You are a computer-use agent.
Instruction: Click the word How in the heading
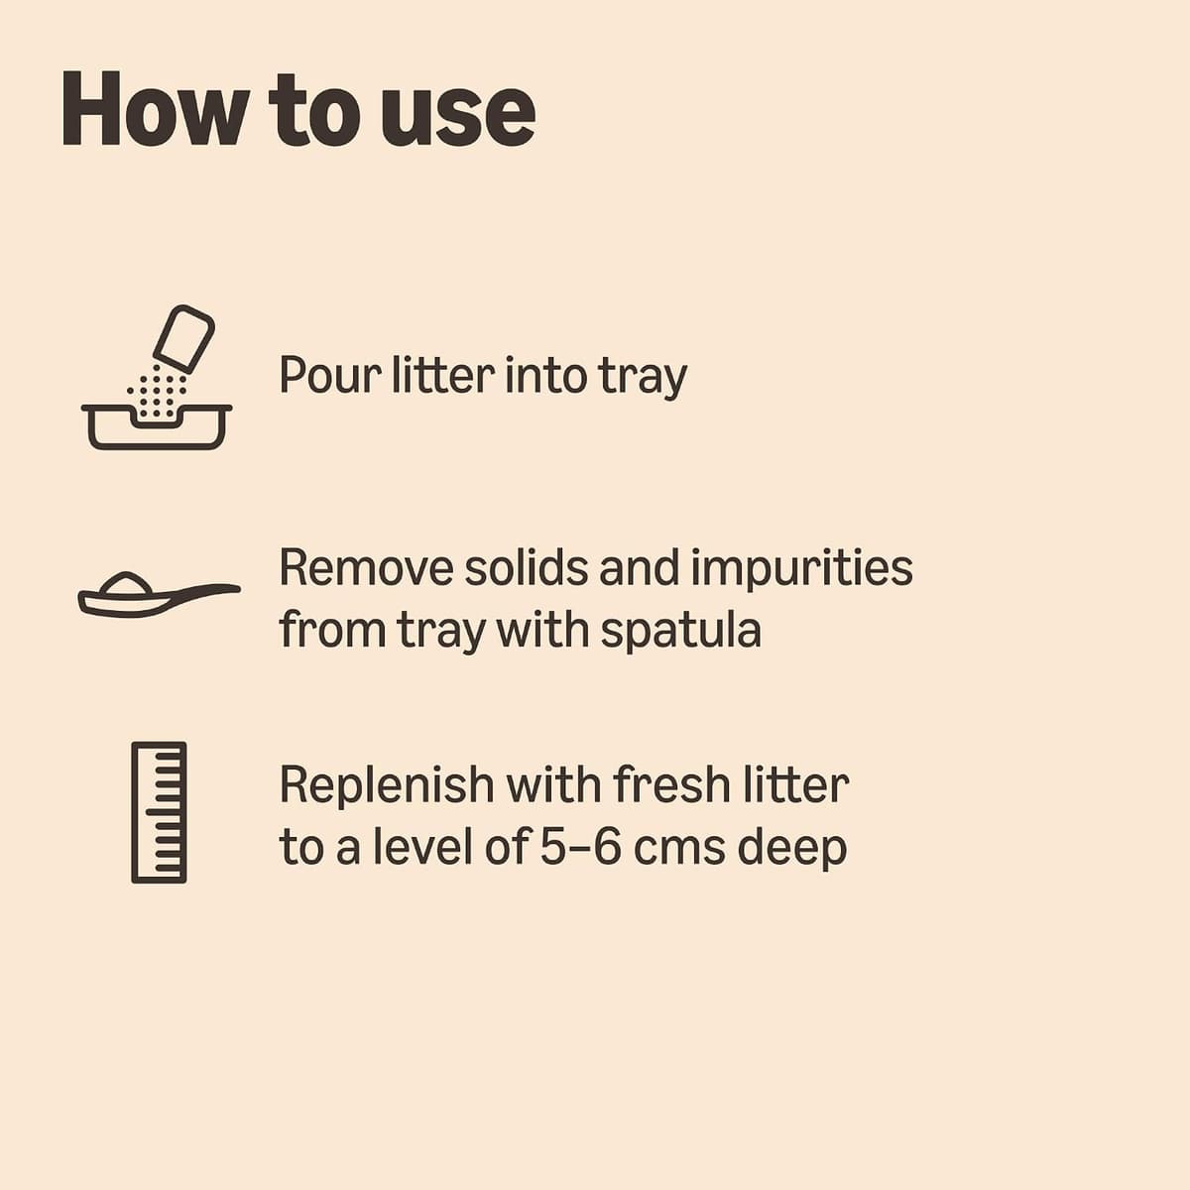[154, 109]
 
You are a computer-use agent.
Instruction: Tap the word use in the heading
[457, 117]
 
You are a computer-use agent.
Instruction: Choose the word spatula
[680, 632]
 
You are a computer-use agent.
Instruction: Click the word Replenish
[387, 787]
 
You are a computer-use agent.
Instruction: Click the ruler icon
[159, 813]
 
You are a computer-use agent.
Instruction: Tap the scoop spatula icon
[159, 595]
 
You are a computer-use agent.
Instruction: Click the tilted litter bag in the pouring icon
[184, 339]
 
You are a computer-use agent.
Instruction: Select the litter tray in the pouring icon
[157, 427]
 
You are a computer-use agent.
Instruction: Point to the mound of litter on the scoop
[125, 582]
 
